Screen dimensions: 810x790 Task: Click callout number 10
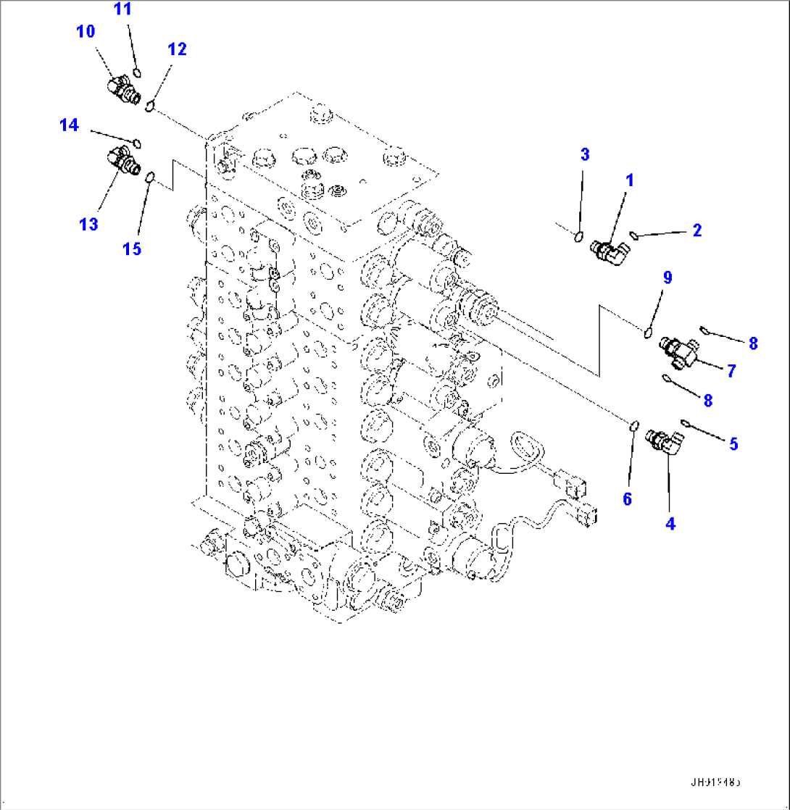86,31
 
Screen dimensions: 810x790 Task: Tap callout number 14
69,125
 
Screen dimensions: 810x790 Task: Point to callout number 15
131,249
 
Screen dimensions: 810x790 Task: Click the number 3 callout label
585,154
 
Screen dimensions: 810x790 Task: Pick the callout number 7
731,371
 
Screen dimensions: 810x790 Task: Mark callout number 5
733,443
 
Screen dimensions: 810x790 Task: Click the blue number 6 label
628,498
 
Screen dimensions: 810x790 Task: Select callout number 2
697,230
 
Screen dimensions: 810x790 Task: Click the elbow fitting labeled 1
610,251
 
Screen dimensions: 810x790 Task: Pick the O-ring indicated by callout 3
578,235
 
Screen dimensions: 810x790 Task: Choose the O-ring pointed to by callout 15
150,176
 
